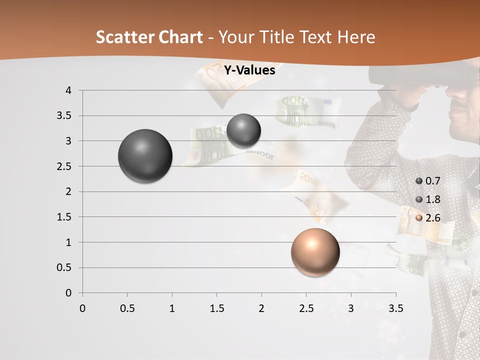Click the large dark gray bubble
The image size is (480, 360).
[145, 156]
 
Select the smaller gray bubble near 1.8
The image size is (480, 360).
[243, 130]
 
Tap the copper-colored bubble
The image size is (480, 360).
[315, 252]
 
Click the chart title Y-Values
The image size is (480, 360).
[249, 70]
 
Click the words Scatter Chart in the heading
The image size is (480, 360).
[149, 37]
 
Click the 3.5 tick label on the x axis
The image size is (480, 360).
[395, 308]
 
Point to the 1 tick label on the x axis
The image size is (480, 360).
[172, 308]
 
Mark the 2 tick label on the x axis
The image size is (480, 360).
[261, 308]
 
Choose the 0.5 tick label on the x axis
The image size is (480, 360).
[127, 308]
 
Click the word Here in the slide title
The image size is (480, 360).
[356, 37]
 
